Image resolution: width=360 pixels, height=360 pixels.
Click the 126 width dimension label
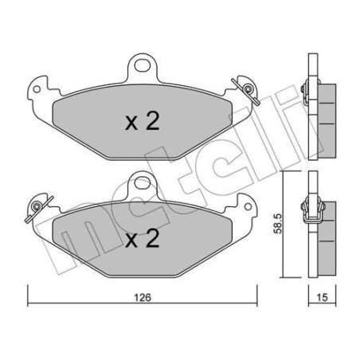pyautogui.click(x=143, y=298)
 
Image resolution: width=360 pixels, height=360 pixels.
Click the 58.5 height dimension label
pyautogui.click(x=278, y=224)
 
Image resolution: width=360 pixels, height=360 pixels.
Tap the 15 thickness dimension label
pyautogui.click(x=322, y=298)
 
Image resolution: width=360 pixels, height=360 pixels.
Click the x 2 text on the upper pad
pyautogui.click(x=143, y=121)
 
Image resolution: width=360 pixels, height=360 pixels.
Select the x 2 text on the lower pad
pyautogui.click(x=143, y=239)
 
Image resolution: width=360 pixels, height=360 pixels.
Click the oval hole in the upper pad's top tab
pyautogui.click(x=143, y=65)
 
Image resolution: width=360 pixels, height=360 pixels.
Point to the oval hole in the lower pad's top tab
pyautogui.click(x=143, y=182)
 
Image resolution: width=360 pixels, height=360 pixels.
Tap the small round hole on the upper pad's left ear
pyautogui.click(x=37, y=89)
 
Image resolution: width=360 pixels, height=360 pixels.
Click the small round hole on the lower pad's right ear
pyautogui.click(x=248, y=206)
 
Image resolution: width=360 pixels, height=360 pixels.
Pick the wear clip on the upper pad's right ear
pyautogui.click(x=246, y=90)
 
